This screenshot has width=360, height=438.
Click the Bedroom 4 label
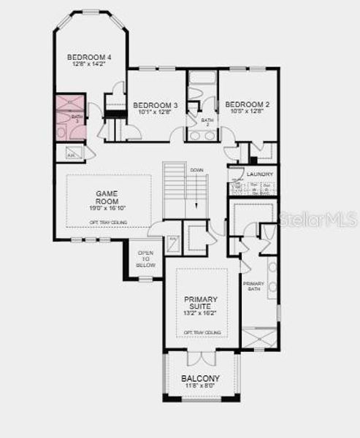pyautogui.click(x=90, y=57)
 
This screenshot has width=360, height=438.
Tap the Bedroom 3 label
pyautogui.click(x=156, y=104)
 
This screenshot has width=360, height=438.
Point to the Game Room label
pyautogui.click(x=107, y=195)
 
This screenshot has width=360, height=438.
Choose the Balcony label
pyautogui.click(x=200, y=378)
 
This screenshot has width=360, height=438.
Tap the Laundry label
pyautogui.click(x=260, y=174)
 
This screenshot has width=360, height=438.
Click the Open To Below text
pyautogui.click(x=147, y=259)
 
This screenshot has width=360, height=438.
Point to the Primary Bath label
pyautogui.click(x=253, y=286)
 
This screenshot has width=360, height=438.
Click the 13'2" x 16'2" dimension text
pyautogui.click(x=202, y=314)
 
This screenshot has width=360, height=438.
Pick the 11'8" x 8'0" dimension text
pyautogui.click(x=200, y=386)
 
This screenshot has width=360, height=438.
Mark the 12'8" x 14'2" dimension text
pyautogui.click(x=90, y=64)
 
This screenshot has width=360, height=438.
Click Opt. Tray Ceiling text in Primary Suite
pyautogui.click(x=202, y=332)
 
